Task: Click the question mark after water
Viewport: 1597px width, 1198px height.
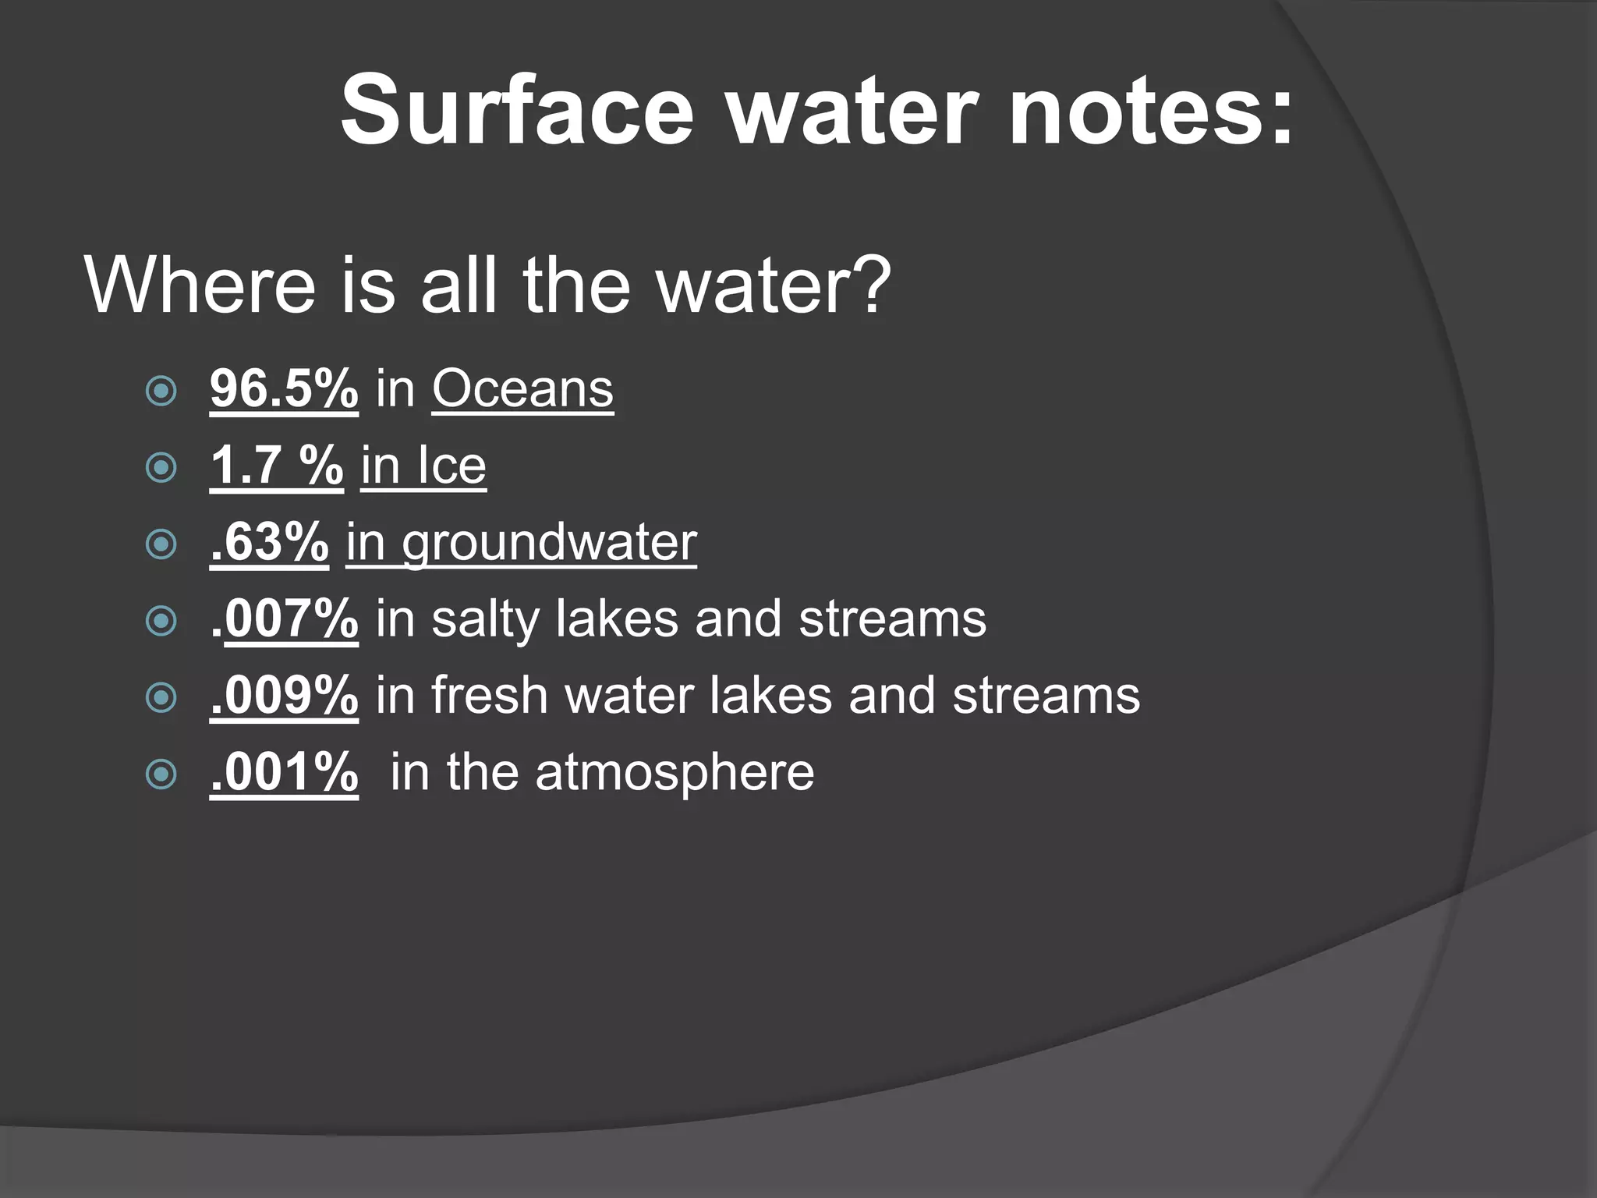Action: (x=867, y=285)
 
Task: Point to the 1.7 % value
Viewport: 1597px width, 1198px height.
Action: (x=276, y=466)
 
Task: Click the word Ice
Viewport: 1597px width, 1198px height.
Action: (x=451, y=466)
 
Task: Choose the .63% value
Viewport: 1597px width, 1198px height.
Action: (x=269, y=542)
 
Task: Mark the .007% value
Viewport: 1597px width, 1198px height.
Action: (x=284, y=618)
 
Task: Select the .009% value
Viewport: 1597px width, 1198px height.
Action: (x=284, y=695)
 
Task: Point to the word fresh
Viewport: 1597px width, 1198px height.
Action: (x=490, y=695)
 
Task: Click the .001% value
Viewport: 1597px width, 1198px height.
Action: (x=284, y=772)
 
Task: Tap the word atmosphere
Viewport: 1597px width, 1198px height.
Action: (x=675, y=772)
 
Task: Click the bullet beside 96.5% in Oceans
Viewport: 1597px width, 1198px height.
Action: (x=161, y=391)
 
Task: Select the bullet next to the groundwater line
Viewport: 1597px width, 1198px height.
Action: (x=161, y=544)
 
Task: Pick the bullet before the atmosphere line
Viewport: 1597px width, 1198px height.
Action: (x=161, y=774)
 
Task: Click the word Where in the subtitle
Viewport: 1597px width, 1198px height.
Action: (x=200, y=285)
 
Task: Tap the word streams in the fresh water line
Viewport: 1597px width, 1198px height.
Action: (x=1046, y=695)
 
